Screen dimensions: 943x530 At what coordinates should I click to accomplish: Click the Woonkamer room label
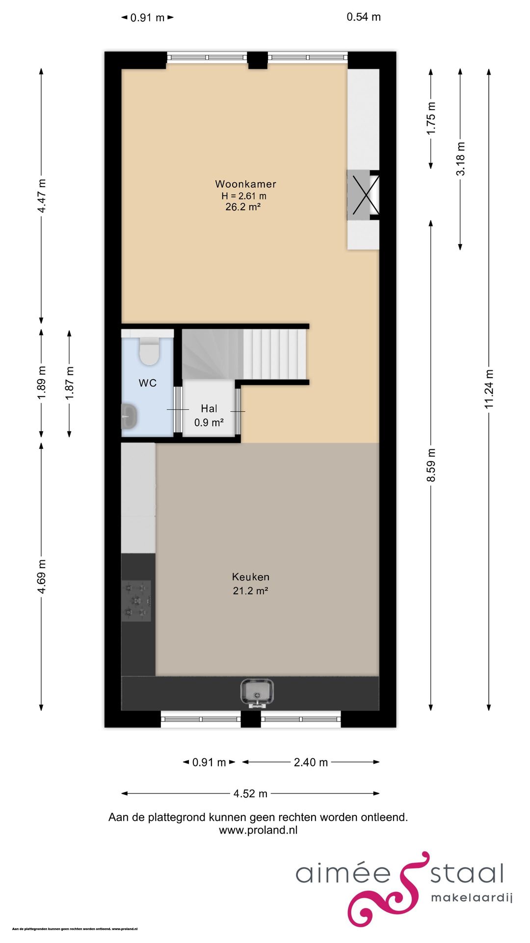(245, 184)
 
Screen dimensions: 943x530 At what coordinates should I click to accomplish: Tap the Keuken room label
(250, 577)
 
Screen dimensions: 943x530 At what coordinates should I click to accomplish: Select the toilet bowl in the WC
(149, 352)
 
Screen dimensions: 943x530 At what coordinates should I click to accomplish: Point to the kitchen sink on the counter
(257, 693)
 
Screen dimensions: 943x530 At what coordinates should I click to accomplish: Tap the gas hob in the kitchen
(136, 600)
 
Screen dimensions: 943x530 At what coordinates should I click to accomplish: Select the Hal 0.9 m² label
(209, 416)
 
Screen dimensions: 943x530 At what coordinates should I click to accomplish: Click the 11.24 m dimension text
(489, 389)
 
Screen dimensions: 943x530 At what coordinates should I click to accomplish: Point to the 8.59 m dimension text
(431, 465)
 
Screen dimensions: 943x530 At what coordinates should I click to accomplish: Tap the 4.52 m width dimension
(250, 794)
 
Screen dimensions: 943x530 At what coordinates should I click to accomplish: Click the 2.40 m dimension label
(311, 762)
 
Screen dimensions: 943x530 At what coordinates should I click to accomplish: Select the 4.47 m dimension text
(42, 195)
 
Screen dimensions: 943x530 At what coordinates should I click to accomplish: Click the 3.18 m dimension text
(460, 159)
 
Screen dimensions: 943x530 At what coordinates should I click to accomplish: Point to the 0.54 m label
(364, 17)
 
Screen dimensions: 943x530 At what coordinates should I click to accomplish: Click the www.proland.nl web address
(258, 830)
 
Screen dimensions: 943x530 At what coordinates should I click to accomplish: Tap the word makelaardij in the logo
(471, 898)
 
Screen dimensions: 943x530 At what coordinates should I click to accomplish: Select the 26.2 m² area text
(243, 207)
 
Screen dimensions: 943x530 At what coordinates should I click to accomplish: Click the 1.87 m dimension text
(70, 383)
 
